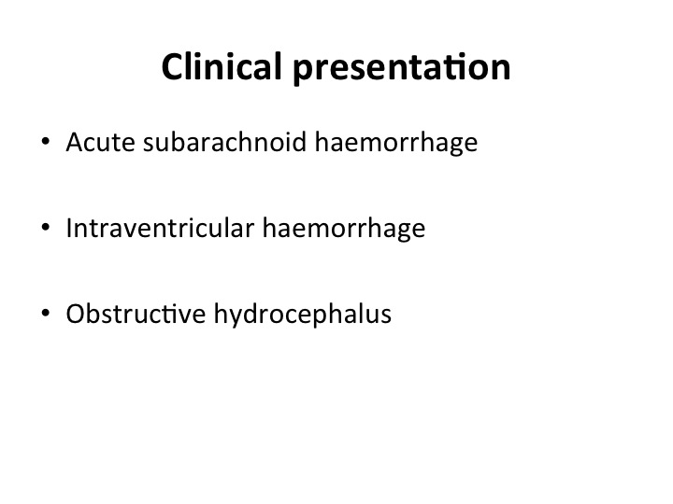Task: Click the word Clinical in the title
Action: point(222,66)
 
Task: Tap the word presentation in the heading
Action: point(402,68)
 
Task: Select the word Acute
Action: point(100,142)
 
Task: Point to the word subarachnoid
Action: point(224,141)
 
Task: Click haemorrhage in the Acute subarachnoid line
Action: point(396,143)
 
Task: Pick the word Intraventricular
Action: point(160,228)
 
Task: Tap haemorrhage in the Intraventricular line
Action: point(344,229)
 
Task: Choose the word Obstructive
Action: point(136,314)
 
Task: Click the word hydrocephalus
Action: point(303,315)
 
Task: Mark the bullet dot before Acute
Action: point(46,142)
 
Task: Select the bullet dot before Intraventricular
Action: point(46,227)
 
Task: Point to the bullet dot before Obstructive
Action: point(46,313)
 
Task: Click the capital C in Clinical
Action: point(172,67)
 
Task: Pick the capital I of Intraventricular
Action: point(69,228)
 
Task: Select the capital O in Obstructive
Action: point(76,314)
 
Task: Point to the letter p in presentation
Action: point(303,72)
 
